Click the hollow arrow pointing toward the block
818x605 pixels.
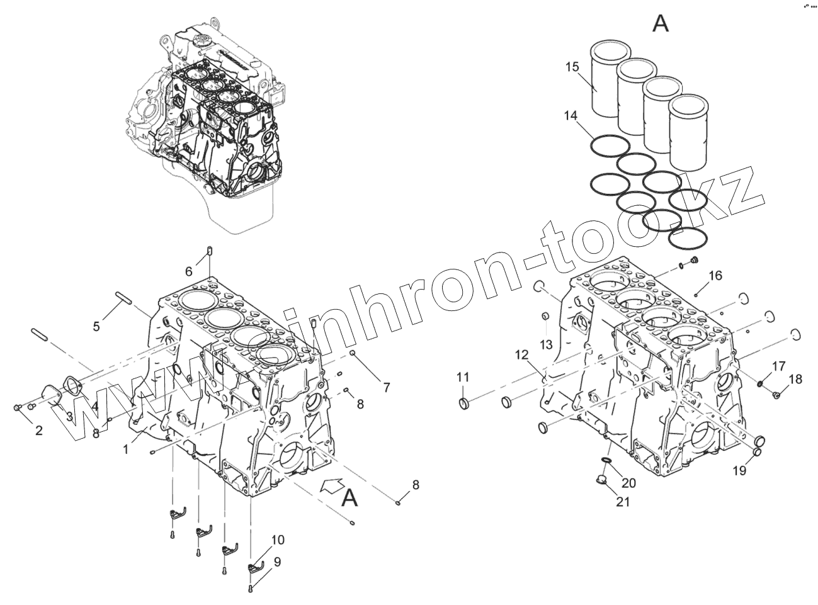[331, 485]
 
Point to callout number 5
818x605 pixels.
[96, 326]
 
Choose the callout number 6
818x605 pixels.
[188, 271]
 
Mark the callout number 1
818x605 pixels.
[125, 450]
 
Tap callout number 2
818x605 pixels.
[38, 431]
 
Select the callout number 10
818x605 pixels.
[278, 540]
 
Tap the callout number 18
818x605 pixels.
[795, 380]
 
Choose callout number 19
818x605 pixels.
[739, 470]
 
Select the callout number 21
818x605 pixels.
[623, 502]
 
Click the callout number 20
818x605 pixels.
[628, 483]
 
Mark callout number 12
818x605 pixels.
[521, 354]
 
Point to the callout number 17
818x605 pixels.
[779, 366]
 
